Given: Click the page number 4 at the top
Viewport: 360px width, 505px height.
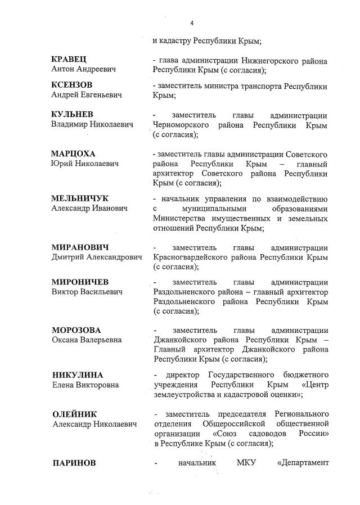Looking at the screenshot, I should pos(192,23).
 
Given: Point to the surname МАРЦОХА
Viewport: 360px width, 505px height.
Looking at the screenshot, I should pos(74,154).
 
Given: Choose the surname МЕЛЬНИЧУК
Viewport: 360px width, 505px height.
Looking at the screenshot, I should pos(80,199).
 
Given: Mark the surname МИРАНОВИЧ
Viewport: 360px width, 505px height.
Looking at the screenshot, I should pos(80,247).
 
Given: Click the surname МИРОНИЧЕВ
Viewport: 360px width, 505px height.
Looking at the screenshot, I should pos(80,282).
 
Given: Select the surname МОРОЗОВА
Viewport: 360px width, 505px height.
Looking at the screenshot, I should pos(78,330).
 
